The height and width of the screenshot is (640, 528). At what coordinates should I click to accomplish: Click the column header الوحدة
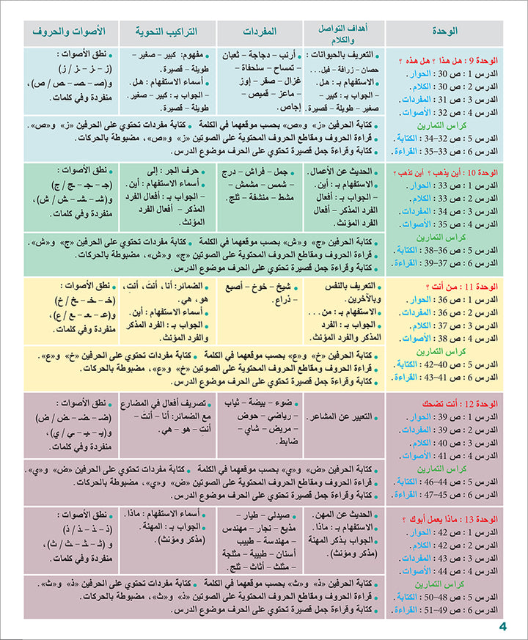445,32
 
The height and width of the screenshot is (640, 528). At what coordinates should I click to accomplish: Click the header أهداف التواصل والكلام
344,32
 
